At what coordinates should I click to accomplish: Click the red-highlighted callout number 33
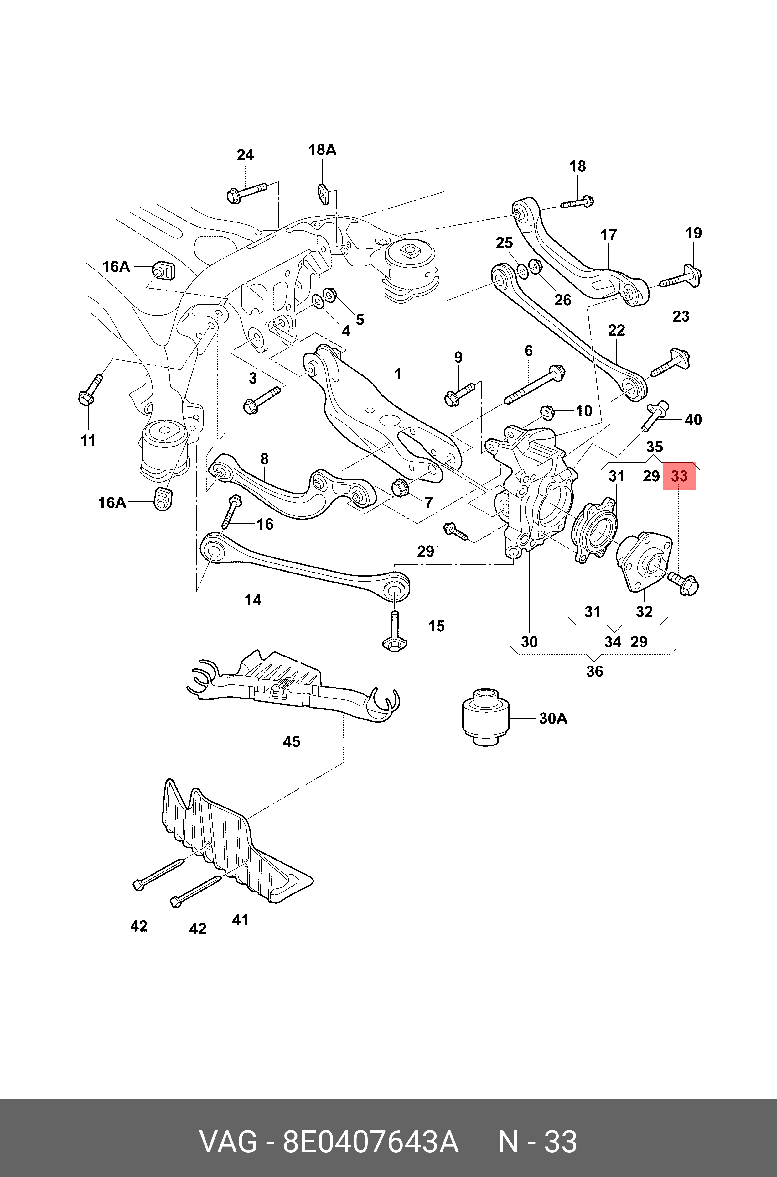pyautogui.click(x=679, y=476)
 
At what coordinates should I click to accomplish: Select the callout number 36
pyautogui.click(x=595, y=671)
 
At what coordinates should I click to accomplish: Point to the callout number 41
pyautogui.click(x=240, y=920)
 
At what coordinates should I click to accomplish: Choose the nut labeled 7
pyautogui.click(x=399, y=488)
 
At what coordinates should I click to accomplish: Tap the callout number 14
pyautogui.click(x=253, y=600)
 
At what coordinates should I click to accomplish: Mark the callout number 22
pyautogui.click(x=616, y=330)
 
